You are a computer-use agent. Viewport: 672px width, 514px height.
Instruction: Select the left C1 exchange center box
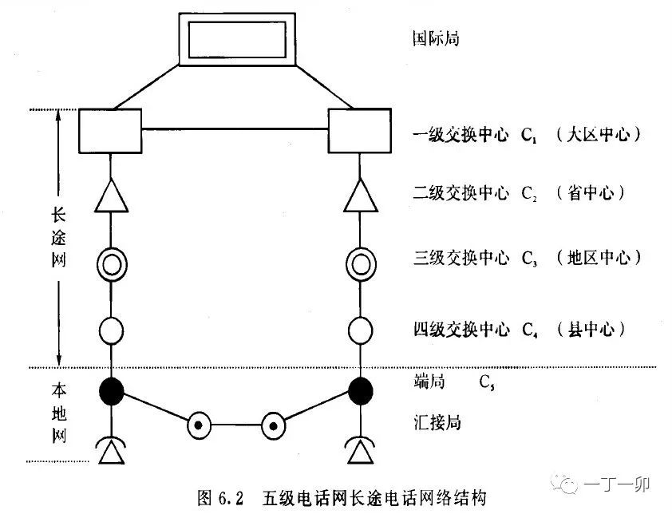coord(109,131)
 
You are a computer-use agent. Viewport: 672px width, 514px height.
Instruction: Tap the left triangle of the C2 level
coord(110,197)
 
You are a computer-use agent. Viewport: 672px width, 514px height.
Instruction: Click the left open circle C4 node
coord(110,329)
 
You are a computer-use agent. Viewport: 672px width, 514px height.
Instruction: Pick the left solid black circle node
coord(111,390)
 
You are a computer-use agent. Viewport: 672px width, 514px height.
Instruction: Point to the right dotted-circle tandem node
coord(274,425)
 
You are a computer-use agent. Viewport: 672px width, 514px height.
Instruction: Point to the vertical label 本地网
coord(57,413)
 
